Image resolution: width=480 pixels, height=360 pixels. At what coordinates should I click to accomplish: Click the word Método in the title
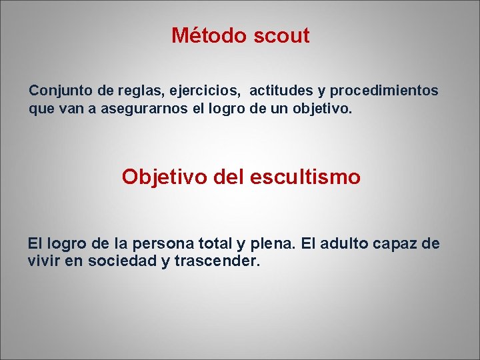pyautogui.click(x=209, y=35)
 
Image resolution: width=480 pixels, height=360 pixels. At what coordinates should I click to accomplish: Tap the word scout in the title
pyautogui.click(x=281, y=35)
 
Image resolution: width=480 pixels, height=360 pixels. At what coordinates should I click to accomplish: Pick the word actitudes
pyautogui.click(x=280, y=90)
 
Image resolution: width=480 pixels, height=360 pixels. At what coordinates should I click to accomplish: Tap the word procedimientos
pyautogui.click(x=384, y=90)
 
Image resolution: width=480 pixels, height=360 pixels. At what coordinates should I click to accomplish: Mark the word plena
pyautogui.click(x=274, y=244)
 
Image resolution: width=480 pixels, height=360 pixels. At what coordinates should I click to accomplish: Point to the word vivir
pyautogui.click(x=44, y=261)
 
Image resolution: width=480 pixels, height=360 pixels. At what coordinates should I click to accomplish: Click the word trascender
pyautogui.click(x=217, y=261)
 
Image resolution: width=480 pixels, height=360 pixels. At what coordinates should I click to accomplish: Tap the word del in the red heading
pyautogui.click(x=230, y=177)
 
